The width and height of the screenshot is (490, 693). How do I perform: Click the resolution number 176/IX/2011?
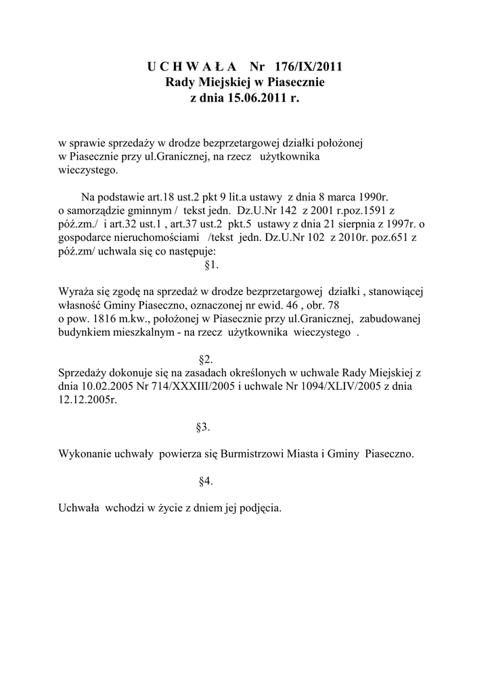pyautogui.click(x=309, y=66)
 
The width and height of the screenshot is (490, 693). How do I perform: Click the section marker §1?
pyautogui.click(x=210, y=264)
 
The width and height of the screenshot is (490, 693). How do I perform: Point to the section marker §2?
pyautogui.click(x=206, y=359)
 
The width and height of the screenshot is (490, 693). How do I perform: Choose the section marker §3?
pyautogui.click(x=202, y=427)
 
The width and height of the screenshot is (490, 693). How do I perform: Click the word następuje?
pyautogui.click(x=190, y=251)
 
